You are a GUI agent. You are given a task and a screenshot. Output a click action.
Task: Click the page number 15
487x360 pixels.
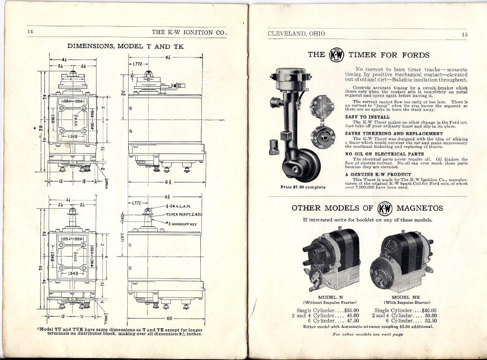coord(465,34)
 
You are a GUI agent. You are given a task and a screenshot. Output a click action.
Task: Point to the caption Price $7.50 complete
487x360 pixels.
coord(303,187)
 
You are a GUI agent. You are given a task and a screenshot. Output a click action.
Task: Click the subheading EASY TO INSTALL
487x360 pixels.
coord(367,117)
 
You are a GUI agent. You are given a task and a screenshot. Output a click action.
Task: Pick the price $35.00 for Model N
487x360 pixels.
coord(351,310)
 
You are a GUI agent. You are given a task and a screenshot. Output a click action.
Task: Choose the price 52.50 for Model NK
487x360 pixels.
coord(428,320)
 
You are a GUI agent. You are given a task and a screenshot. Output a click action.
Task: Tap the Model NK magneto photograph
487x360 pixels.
coord(403,262)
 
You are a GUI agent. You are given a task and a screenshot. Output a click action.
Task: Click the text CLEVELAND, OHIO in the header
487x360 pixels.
coord(296,34)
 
